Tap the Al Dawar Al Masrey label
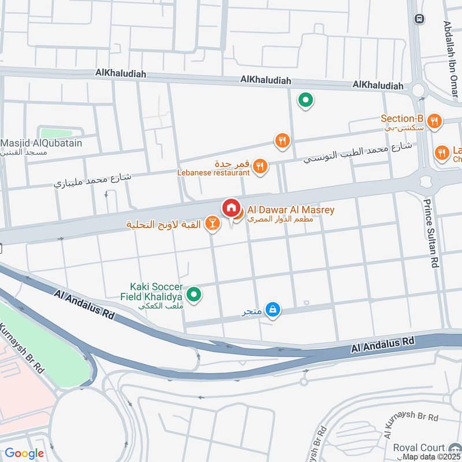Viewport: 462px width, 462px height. tap(290, 210)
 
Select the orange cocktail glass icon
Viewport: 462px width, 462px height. tap(213, 224)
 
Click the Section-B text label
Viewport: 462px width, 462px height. tap(402, 120)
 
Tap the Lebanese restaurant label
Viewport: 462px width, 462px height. tap(213, 172)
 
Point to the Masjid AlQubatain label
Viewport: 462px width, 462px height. tap(41, 143)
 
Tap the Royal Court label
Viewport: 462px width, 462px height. tap(427, 448)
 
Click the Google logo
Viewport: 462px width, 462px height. tap(24, 453)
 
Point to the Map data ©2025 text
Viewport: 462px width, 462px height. tap(431, 457)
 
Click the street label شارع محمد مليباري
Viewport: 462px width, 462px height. tap(92, 180)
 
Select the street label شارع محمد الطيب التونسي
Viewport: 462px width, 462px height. tap(358, 151)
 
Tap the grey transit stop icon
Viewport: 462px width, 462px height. tap(418, 18)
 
